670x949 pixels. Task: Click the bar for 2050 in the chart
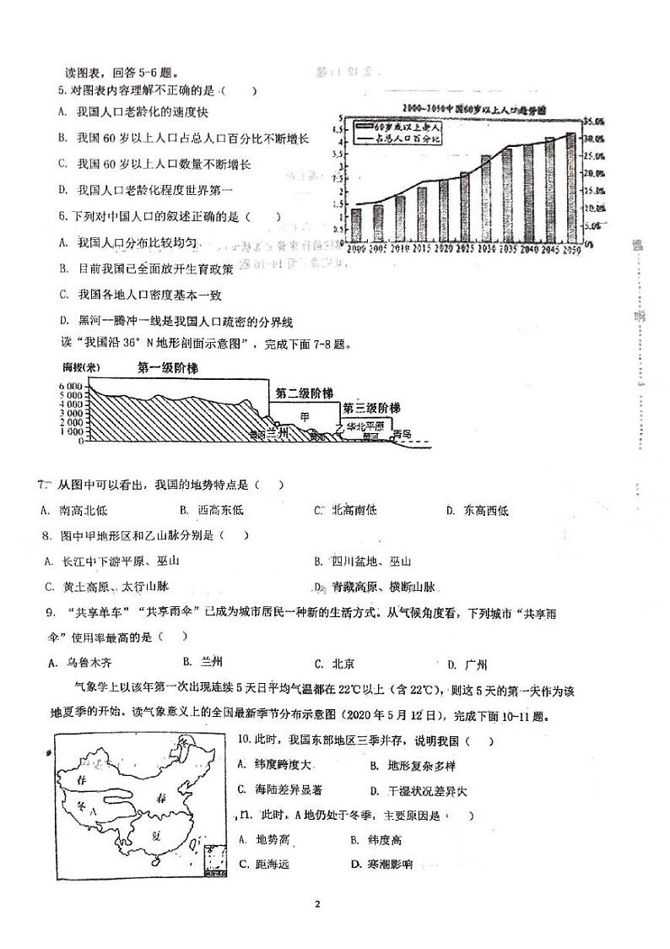coord(570,187)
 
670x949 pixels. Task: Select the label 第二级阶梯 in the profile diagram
coord(304,393)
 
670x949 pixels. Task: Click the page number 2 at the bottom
coord(317,904)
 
